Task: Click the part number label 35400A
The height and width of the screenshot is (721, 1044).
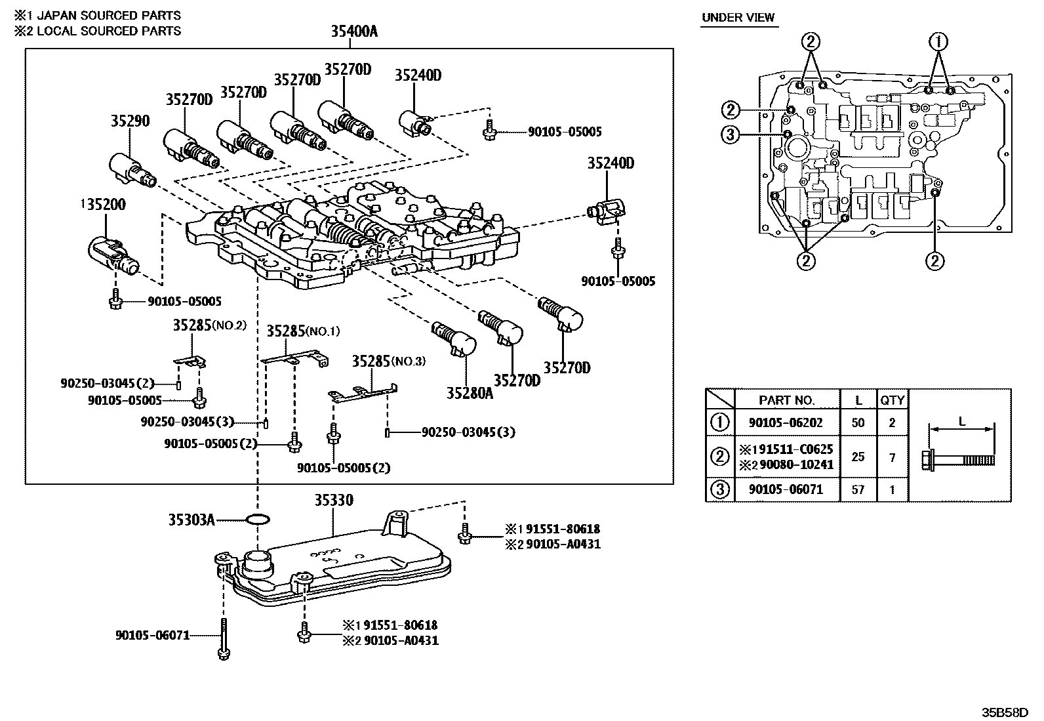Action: pyautogui.click(x=353, y=31)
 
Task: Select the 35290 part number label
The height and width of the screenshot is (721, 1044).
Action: pyautogui.click(x=130, y=121)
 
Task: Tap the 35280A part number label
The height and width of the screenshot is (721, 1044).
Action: pyautogui.click(x=470, y=393)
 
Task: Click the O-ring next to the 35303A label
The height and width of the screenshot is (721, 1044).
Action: pyautogui.click(x=258, y=520)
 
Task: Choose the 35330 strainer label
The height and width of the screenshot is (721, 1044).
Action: pyautogui.click(x=333, y=501)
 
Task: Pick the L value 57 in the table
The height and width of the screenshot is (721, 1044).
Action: pyautogui.click(x=858, y=489)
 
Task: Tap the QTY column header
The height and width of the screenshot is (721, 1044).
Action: pyautogui.click(x=892, y=400)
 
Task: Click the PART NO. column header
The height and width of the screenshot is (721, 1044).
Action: pyautogui.click(x=787, y=400)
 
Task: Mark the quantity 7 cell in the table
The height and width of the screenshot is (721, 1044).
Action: pyautogui.click(x=892, y=457)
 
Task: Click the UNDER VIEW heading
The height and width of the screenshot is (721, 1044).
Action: pyautogui.click(x=738, y=18)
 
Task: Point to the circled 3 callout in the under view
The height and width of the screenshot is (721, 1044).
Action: pyautogui.click(x=730, y=135)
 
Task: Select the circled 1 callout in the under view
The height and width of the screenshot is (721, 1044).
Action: pyautogui.click(x=938, y=43)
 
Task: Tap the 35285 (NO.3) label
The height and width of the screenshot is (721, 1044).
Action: pyautogui.click(x=380, y=361)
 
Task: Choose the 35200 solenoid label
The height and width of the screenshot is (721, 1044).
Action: pyautogui.click(x=104, y=205)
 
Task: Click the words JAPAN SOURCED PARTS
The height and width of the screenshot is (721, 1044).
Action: pyautogui.click(x=108, y=15)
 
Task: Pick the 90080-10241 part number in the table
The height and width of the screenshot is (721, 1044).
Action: pyautogui.click(x=795, y=465)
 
